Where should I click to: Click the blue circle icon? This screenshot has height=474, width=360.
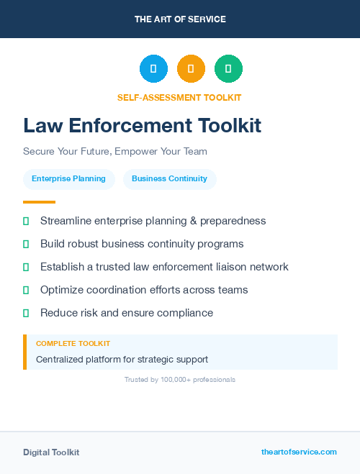coord(153,69)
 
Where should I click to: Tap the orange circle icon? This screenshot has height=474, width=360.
coord(191,69)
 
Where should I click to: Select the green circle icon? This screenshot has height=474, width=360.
coord(228,69)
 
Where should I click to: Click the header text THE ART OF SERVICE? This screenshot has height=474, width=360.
coord(180,19)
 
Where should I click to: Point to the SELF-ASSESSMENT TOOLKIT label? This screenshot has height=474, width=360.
coord(179,97)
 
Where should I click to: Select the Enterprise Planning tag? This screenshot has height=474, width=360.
coord(68,179)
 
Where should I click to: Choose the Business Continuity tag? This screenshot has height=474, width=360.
coord(169,179)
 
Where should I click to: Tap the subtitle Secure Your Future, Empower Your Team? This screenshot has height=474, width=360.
coord(115,152)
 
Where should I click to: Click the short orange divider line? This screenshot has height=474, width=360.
coord(39,202)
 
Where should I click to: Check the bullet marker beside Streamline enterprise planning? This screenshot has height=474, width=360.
coord(26,221)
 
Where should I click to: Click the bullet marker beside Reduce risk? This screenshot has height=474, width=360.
coord(26,313)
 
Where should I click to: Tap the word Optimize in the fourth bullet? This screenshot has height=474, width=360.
coord(63,290)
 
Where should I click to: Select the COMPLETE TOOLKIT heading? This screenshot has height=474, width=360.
coord(73,344)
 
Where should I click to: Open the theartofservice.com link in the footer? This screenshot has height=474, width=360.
coord(299,452)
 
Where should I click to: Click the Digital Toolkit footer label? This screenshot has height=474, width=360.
coord(51,452)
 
